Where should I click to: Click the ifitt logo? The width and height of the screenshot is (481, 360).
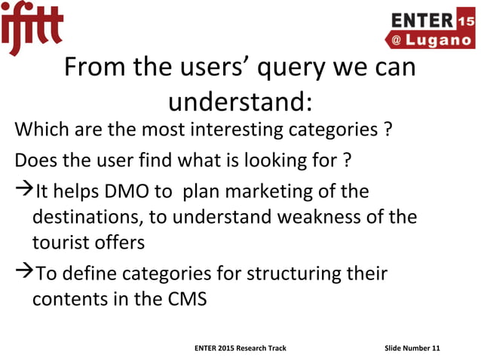coord(31,28)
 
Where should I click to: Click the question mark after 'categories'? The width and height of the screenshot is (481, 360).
coord(387,130)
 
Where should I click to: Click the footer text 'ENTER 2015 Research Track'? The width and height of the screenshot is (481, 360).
coord(240,348)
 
